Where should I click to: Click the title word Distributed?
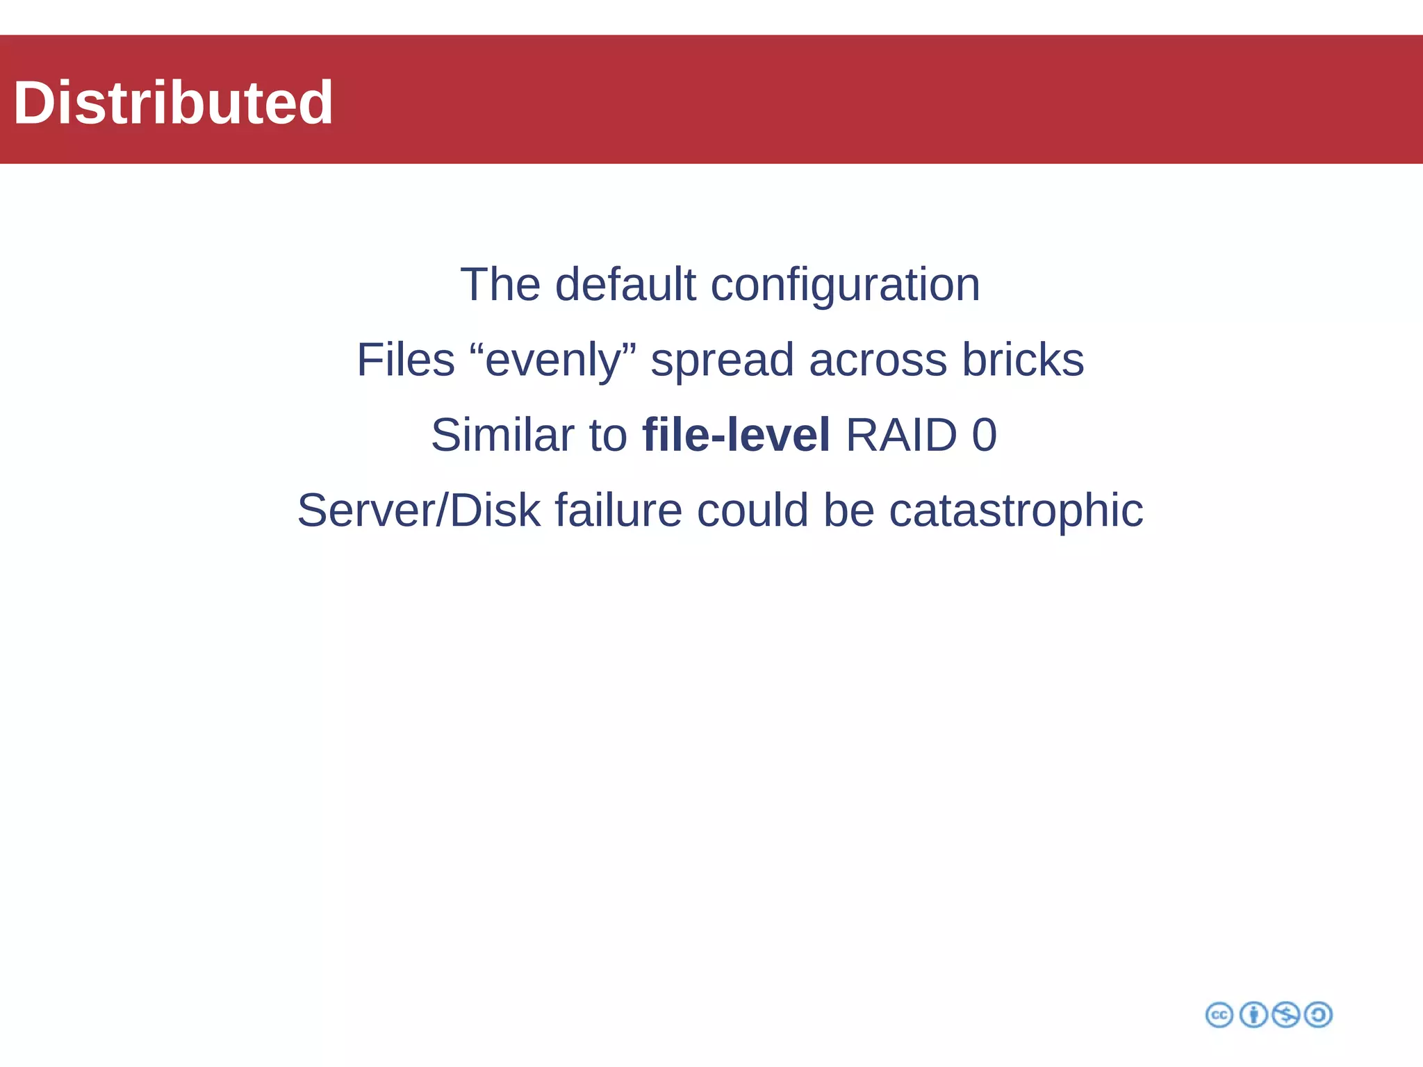pyautogui.click(x=173, y=103)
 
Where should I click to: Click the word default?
pyautogui.click(x=625, y=285)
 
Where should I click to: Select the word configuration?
pyautogui.click(x=845, y=286)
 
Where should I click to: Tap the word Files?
pyautogui.click(x=406, y=360)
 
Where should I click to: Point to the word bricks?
pyautogui.click(x=1023, y=360)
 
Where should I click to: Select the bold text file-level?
pyautogui.click(x=736, y=436)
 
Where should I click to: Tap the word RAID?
pyautogui.click(x=901, y=436)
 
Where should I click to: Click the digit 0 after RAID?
pyautogui.click(x=984, y=436)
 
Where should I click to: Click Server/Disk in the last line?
pyautogui.click(x=418, y=511)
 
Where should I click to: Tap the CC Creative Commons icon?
pyautogui.click(x=1219, y=1015)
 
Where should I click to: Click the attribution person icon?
pyautogui.click(x=1253, y=1015)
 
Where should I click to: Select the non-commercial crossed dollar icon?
pyautogui.click(x=1285, y=1015)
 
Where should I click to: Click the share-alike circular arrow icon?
pyautogui.click(x=1318, y=1015)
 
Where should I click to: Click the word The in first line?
pyautogui.click(x=500, y=285)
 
